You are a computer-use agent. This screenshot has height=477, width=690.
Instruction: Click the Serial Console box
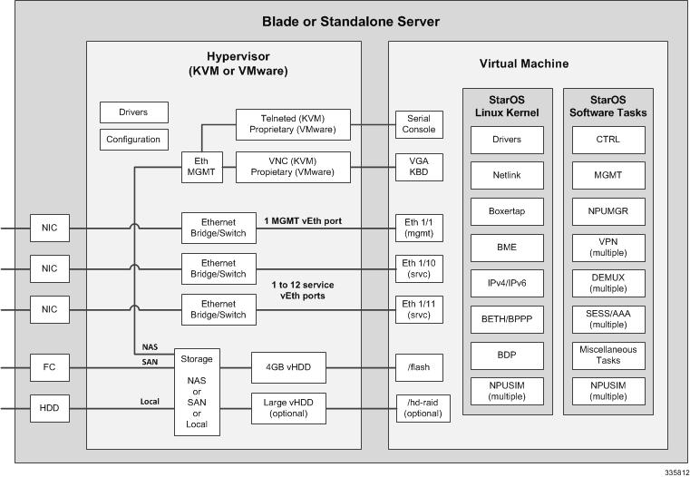419,123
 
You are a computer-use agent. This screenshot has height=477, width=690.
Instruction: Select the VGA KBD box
419,167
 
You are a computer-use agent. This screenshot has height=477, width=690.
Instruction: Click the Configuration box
133,140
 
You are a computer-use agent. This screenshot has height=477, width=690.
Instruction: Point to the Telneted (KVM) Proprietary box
293,123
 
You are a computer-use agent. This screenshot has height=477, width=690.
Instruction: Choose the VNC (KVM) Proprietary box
293,167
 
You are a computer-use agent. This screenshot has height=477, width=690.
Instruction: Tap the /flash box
419,366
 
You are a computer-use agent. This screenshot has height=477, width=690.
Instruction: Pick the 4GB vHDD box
287,366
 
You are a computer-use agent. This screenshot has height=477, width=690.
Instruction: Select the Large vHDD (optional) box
287,407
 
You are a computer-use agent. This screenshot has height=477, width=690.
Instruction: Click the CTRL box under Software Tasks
608,140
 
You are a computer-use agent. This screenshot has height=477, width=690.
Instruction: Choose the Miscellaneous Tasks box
608,355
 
